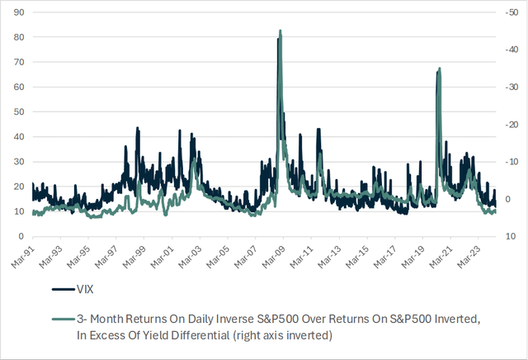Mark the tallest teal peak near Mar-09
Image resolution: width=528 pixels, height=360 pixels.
click(280, 31)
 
